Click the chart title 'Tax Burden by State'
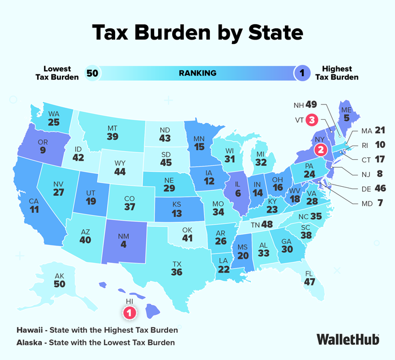[x=197, y=33]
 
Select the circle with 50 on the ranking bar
[x=92, y=73]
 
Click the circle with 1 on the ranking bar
[x=302, y=73]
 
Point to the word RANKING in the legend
[x=197, y=73]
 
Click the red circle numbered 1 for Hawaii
[x=129, y=311]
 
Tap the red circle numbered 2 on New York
[x=321, y=150]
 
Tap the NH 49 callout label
[x=305, y=104]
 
